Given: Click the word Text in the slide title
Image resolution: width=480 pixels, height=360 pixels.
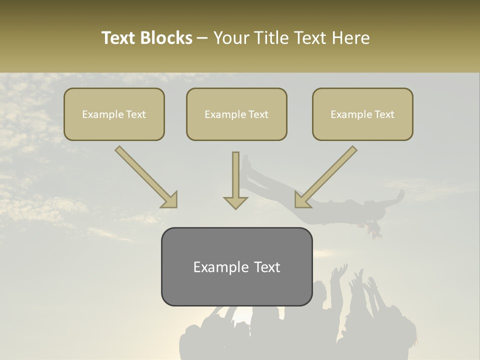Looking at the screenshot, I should (x=118, y=38).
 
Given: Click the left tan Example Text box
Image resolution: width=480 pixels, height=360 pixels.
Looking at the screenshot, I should (x=114, y=114).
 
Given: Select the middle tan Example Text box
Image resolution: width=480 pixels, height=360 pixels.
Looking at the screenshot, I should (x=236, y=114).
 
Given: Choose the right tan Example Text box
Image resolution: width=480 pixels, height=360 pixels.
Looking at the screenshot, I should (x=362, y=114).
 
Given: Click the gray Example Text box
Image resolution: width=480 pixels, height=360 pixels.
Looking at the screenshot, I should (x=236, y=267).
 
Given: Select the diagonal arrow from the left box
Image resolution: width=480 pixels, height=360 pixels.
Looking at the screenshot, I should (x=145, y=176).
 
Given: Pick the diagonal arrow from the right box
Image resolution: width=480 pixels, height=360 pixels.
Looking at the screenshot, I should (x=326, y=176).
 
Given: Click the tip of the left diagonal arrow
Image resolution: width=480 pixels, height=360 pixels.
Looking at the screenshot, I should (x=174, y=205).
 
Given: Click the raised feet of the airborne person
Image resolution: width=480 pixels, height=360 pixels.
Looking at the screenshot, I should (x=246, y=162).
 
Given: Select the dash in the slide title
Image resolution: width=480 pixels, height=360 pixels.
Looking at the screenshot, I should (x=202, y=38).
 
